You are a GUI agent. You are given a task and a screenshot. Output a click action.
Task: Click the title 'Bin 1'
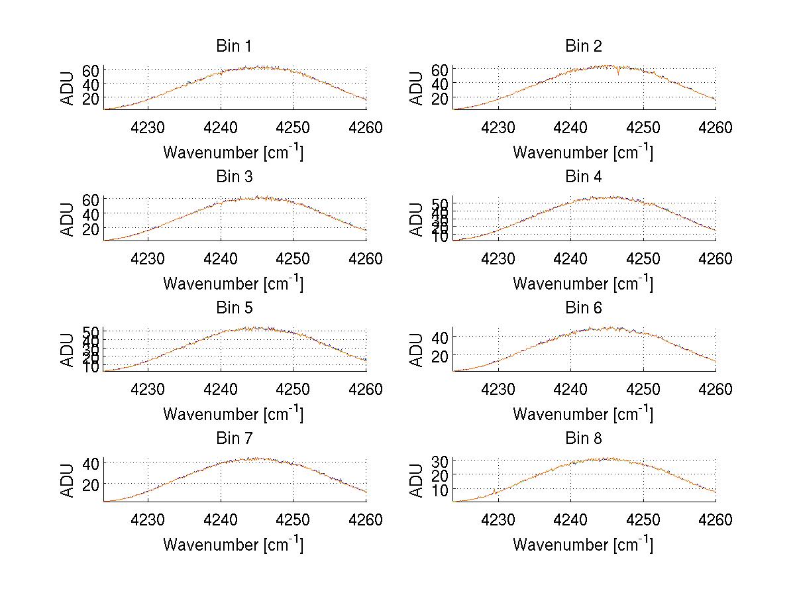(x=234, y=46)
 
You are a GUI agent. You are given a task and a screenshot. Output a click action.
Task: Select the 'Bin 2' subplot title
(x=584, y=46)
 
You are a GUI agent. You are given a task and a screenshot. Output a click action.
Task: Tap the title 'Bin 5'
(x=234, y=308)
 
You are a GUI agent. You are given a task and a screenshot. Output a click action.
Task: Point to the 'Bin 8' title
(x=584, y=439)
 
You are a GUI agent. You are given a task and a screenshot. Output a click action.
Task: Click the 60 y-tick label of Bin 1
(x=91, y=70)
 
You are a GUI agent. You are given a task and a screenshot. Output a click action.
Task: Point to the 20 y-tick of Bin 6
(x=441, y=355)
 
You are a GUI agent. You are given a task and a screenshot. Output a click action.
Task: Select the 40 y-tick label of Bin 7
(x=91, y=463)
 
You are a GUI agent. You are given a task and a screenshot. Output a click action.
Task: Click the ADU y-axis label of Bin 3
(x=68, y=219)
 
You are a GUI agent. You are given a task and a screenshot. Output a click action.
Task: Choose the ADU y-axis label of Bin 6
(x=417, y=350)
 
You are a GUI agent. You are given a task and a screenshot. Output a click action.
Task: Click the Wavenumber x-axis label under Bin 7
(x=234, y=545)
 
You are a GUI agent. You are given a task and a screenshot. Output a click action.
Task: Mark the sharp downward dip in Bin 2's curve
(x=618, y=72)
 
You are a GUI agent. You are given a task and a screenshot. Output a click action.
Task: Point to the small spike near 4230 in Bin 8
(x=494, y=491)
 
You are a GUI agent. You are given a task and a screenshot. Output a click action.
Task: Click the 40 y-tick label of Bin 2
(x=441, y=84)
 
